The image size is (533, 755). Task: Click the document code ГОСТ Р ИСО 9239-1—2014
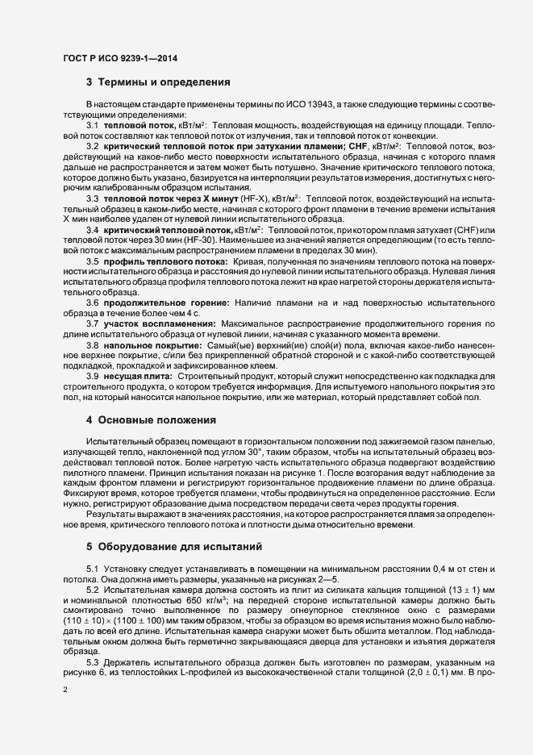(x=120, y=58)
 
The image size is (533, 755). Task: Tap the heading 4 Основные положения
(x=152, y=420)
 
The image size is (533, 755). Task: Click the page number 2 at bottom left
(x=64, y=713)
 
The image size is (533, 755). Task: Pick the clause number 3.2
(x=93, y=146)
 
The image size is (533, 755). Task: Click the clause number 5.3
(x=93, y=661)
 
